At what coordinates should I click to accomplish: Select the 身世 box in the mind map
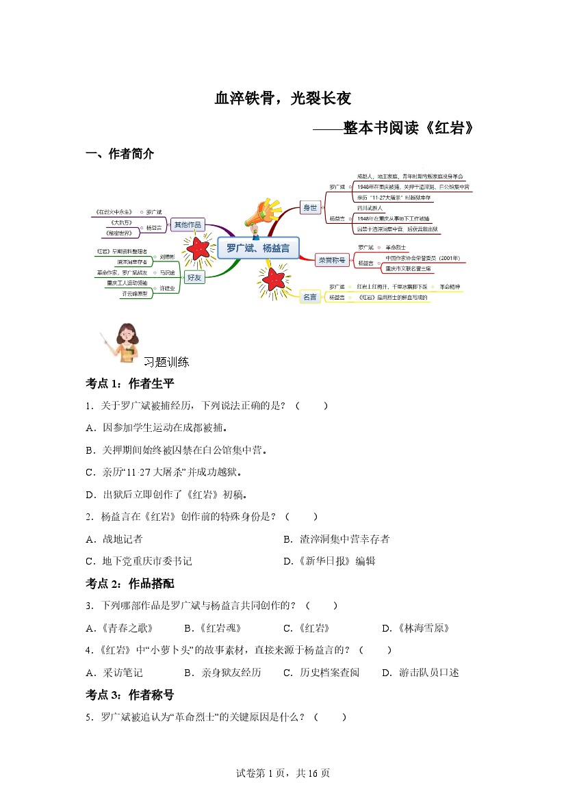coord(310,207)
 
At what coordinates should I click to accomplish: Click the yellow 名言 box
coord(310,297)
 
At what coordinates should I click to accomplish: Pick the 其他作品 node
coord(188,224)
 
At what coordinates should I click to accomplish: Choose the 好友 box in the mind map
coord(194,279)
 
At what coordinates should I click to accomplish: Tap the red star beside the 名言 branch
coord(272,279)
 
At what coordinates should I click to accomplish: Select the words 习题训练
coord(166,362)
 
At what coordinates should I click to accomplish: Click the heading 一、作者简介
coord(120,154)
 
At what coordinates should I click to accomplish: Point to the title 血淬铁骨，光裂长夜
coord(283,99)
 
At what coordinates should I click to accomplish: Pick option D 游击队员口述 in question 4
coord(420,672)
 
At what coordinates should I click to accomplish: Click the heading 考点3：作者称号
coord(130,695)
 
